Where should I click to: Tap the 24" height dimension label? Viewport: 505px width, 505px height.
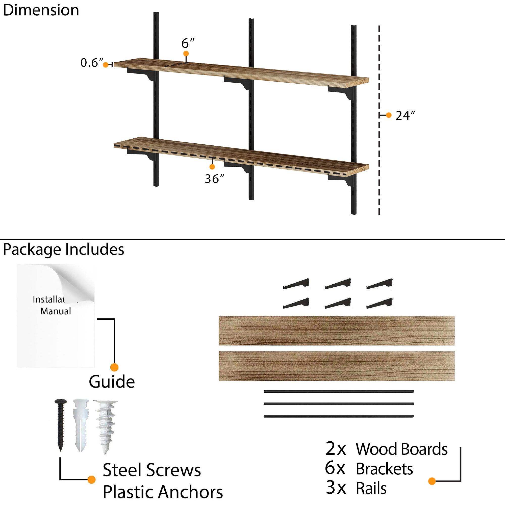tap(405, 115)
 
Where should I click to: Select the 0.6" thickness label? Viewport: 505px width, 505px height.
tap(92, 63)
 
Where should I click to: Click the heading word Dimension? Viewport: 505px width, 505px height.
tap(41, 10)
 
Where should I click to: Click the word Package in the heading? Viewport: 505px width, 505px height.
tap(32, 250)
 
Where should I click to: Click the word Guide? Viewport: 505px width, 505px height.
tap(112, 382)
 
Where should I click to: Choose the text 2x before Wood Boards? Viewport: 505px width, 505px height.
tap(336, 449)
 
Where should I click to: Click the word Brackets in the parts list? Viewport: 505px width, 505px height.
tap(384, 469)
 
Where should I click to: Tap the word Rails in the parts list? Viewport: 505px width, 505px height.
tap(371, 488)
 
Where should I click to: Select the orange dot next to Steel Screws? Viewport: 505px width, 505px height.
tap(91, 480)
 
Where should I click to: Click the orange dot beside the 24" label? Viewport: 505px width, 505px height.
tap(389, 115)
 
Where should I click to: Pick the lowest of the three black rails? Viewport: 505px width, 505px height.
tap(339, 416)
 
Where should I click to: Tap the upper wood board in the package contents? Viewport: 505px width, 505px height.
tap(337, 331)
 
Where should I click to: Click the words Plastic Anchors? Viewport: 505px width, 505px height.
tap(163, 492)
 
